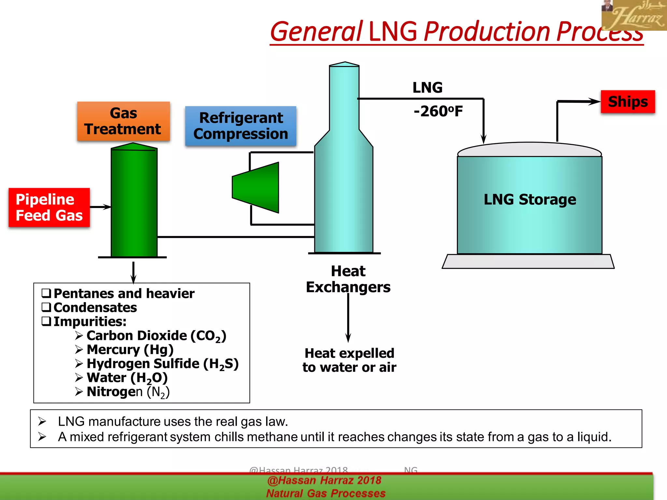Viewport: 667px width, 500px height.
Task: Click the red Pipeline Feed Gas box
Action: coord(49,207)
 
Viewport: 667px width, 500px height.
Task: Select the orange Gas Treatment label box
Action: coord(123,121)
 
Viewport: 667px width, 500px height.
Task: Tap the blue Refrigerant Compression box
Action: coord(241,126)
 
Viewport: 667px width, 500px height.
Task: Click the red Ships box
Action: coord(628,102)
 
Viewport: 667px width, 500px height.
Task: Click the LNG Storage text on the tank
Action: coord(530,199)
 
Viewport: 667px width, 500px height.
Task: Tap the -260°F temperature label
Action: coord(438,111)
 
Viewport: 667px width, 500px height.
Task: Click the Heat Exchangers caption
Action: coord(348,279)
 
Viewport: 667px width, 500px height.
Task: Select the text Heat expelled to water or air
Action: coord(349,360)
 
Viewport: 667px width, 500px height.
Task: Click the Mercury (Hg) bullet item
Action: coord(130,350)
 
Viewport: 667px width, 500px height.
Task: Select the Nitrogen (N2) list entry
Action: coord(128,392)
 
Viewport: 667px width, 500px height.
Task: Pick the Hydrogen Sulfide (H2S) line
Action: coord(162,364)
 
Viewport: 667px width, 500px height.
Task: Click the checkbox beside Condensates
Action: coord(46,307)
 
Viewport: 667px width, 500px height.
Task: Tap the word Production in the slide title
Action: coord(487,32)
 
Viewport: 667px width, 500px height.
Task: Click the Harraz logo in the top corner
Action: coord(633,15)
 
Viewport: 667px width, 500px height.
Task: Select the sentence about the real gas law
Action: coord(173,422)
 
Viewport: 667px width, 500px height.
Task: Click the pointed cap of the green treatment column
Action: coord(134,146)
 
